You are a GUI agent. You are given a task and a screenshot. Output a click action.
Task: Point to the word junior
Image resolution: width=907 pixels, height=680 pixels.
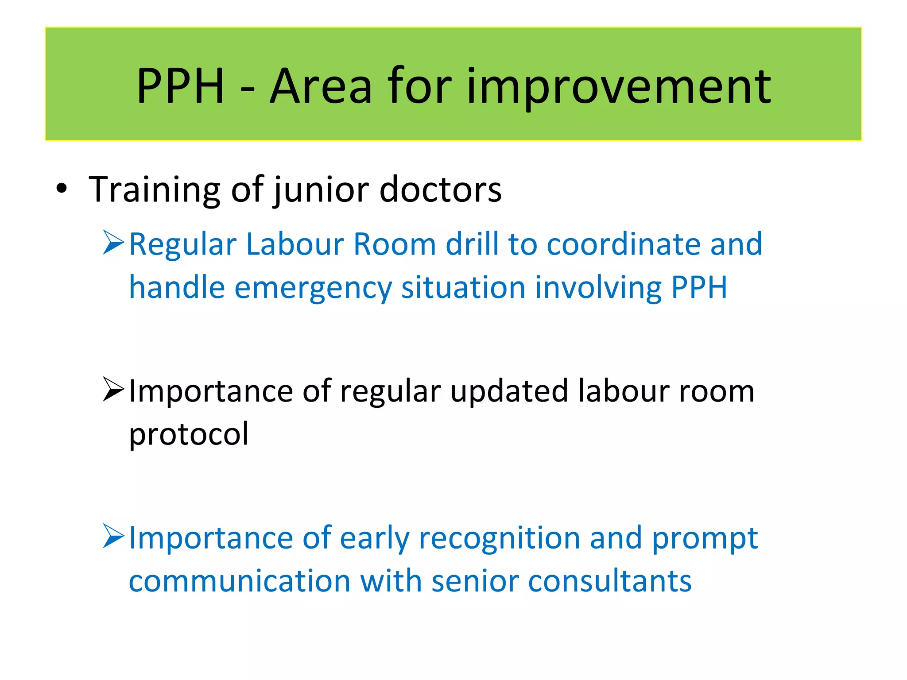(x=321, y=189)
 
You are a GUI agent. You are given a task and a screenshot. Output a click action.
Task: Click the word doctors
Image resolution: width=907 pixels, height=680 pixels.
(x=440, y=189)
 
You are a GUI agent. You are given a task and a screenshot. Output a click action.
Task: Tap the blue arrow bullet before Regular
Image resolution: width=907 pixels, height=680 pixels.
(x=113, y=243)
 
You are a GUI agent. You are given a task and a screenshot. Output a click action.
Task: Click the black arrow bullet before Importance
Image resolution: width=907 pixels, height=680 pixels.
(x=113, y=390)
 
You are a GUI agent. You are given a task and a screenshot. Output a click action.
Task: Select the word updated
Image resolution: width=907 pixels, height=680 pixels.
(x=509, y=391)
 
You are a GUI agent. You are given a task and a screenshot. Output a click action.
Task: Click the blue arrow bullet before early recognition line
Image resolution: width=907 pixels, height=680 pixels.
(x=113, y=536)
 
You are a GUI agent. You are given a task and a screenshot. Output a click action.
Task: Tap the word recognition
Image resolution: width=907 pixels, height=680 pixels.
(x=499, y=539)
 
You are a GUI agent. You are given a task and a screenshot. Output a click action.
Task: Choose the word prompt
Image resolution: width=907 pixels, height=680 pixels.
(x=705, y=539)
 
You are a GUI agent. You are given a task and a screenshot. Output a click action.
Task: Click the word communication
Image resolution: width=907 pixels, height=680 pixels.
(x=240, y=581)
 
